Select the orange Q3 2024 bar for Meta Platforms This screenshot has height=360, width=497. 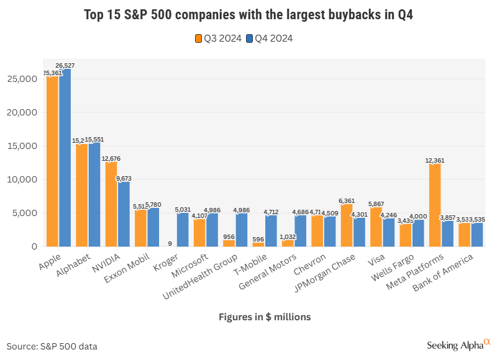point(435,205)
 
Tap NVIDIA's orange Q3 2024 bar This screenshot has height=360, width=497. point(111,205)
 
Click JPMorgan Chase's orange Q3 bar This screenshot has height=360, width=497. point(347,225)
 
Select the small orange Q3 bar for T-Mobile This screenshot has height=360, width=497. point(258,245)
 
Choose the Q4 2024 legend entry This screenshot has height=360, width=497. point(270,38)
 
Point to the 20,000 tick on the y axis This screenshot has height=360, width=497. point(25,112)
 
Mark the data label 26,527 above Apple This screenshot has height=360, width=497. point(66,65)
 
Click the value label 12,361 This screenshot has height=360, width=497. point(435,160)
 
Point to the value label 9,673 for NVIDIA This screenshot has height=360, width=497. point(124,178)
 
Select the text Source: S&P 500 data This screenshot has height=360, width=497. point(52,346)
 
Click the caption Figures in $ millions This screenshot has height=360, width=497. point(265,317)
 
